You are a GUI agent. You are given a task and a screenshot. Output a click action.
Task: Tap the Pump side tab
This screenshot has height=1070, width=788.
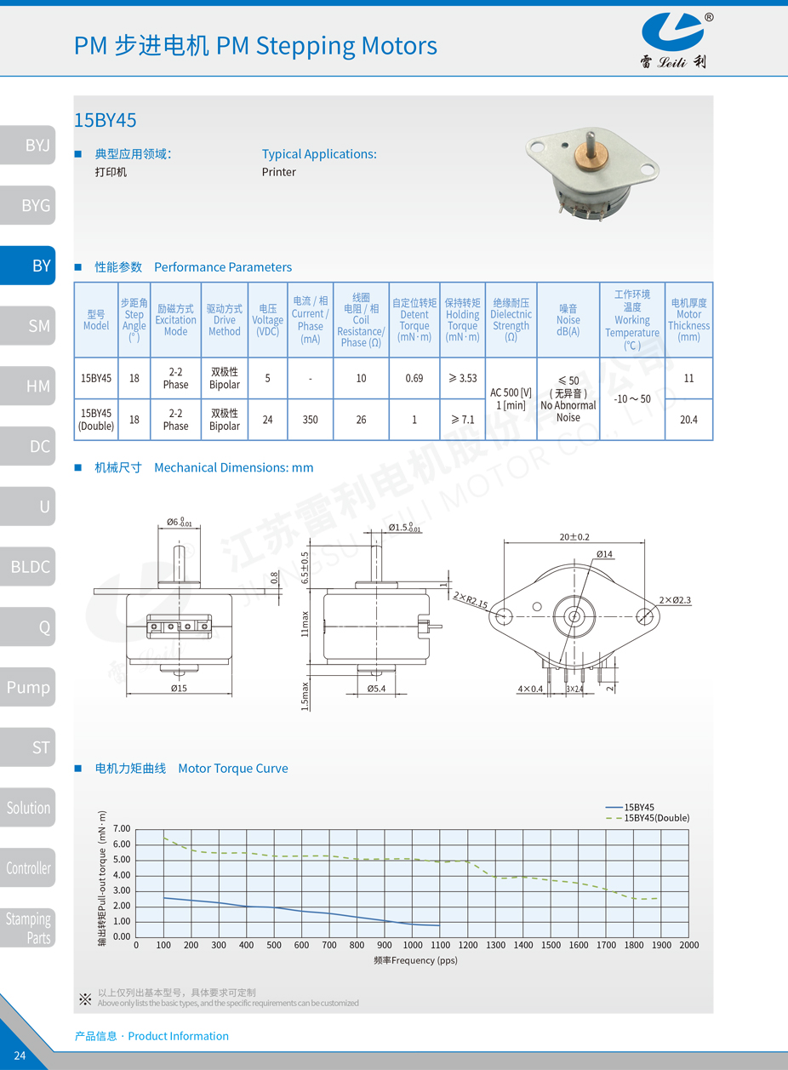click(28, 687)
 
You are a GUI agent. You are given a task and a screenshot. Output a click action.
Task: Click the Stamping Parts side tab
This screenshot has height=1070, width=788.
click(28, 928)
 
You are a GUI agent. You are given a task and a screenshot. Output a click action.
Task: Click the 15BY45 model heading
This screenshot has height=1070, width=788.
click(105, 120)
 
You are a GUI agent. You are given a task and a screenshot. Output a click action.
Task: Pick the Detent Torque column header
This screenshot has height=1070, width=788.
click(414, 320)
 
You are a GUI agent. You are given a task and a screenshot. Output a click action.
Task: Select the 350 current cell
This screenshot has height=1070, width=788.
click(310, 419)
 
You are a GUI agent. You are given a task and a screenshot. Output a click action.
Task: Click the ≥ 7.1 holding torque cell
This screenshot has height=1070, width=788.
click(462, 419)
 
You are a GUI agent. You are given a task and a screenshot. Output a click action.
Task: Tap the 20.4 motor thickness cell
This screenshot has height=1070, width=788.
click(688, 419)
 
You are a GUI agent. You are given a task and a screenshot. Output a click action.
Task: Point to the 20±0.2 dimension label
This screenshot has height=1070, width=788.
click(574, 537)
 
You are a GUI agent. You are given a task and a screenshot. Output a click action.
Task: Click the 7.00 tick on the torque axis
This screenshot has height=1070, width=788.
click(122, 828)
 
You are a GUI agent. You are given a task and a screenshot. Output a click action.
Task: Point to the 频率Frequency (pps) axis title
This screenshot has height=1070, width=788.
click(415, 960)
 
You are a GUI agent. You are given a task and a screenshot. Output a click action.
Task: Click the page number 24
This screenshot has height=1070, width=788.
click(20, 1056)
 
